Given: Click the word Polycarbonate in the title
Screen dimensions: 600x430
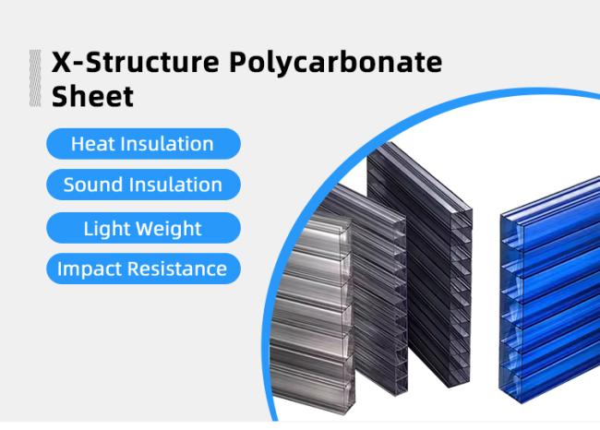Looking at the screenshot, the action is [x=336, y=63].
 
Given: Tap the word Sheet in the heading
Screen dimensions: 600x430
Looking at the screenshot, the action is [x=92, y=96].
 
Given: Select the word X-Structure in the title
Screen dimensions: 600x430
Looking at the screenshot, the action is [x=136, y=62].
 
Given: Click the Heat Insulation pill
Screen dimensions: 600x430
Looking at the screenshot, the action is [x=143, y=144].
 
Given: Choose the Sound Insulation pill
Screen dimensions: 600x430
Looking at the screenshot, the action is [x=143, y=185].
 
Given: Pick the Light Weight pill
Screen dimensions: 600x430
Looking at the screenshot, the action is [x=143, y=229].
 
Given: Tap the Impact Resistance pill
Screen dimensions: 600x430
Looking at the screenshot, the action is [x=143, y=269].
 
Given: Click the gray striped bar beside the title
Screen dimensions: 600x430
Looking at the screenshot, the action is [x=35, y=78].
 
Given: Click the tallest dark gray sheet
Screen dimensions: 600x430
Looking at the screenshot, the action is [x=421, y=264].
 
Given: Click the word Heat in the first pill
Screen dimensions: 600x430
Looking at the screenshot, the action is [x=93, y=144].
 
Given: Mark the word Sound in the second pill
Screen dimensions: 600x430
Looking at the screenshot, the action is [x=90, y=185].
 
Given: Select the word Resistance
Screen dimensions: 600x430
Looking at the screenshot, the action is [x=177, y=269].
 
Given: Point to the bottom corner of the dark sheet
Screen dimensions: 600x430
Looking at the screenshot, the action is [x=450, y=387].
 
